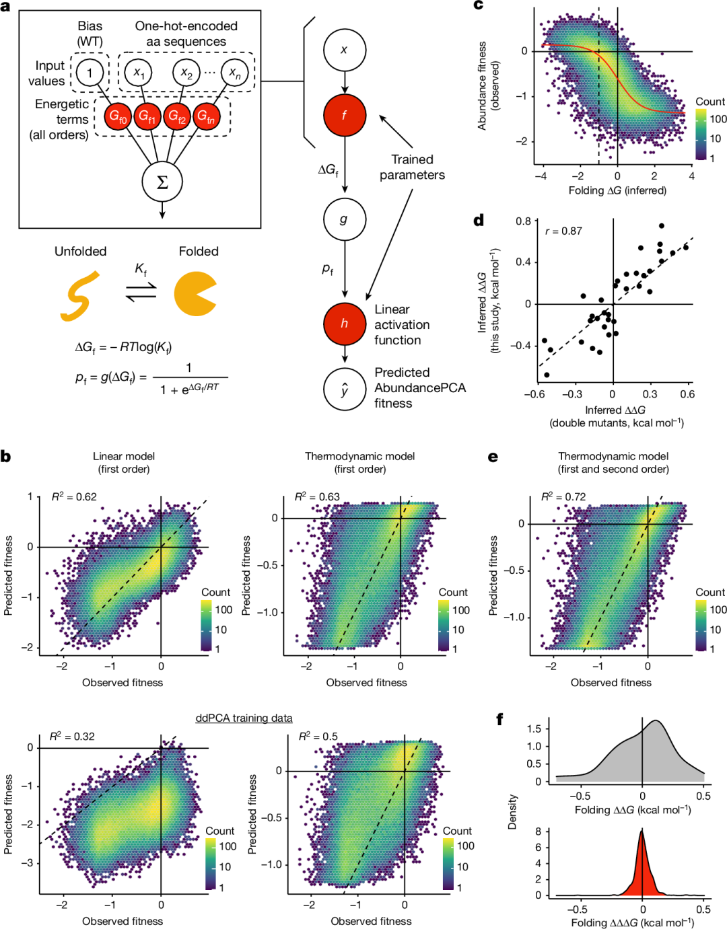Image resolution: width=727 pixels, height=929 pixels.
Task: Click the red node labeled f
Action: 344,115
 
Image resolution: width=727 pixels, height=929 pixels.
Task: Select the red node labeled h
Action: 344,324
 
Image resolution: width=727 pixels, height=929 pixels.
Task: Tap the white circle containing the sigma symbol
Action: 162,182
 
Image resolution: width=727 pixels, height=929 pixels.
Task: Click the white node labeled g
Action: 344,219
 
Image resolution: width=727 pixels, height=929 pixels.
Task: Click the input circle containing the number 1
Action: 90,73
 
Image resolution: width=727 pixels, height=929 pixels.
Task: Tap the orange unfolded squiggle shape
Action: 79,296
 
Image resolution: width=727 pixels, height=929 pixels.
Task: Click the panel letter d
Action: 479,220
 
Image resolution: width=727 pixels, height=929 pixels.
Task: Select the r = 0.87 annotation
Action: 563,231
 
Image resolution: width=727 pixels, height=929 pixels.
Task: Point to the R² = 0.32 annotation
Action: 72,736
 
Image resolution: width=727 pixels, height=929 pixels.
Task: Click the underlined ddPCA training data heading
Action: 244,718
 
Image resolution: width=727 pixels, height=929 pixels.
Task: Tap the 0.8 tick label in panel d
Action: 523,221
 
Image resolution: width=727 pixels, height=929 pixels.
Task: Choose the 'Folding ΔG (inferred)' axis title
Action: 617,190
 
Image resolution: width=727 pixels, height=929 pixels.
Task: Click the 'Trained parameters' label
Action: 412,167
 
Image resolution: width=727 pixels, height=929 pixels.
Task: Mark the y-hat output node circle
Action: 344,389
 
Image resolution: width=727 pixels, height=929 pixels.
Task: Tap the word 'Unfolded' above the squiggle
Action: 80,251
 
